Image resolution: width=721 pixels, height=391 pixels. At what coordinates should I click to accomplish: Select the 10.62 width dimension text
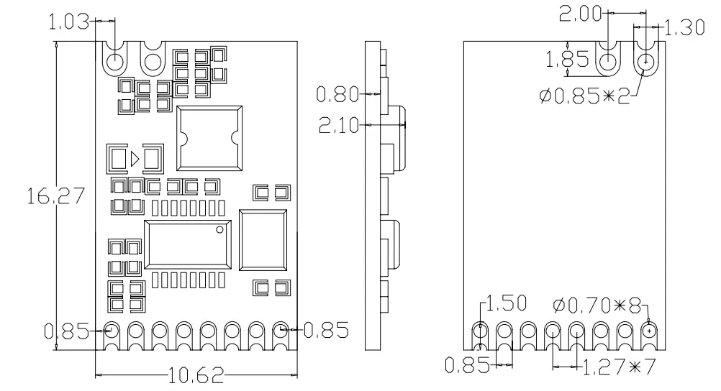coord(196,375)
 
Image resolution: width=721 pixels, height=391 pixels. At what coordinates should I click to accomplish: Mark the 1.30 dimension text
coord(684,28)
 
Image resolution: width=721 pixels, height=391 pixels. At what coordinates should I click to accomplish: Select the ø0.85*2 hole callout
coord(582,95)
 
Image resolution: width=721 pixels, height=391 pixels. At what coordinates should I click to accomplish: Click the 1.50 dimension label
coord(507,303)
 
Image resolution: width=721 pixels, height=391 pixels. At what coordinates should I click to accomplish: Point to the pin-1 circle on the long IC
coord(220,231)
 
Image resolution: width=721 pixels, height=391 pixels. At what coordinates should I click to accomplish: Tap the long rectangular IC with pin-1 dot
coord(188,244)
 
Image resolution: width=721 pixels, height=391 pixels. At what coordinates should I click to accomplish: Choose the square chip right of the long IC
coord(263,240)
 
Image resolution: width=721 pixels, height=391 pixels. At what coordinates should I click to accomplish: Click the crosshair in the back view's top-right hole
coord(646,62)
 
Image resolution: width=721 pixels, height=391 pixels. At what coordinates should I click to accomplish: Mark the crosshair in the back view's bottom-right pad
coord(650,331)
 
